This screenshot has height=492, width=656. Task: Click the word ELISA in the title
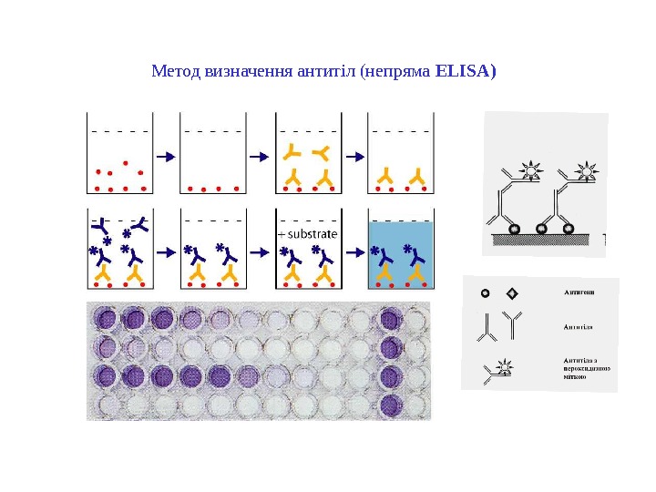point(466,70)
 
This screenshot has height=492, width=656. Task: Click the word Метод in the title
point(169,70)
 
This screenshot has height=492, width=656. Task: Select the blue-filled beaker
point(399,251)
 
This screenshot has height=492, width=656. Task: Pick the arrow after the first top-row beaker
point(165,157)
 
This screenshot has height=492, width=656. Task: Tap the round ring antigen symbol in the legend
point(485,293)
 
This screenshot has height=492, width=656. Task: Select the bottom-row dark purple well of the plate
point(393,404)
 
